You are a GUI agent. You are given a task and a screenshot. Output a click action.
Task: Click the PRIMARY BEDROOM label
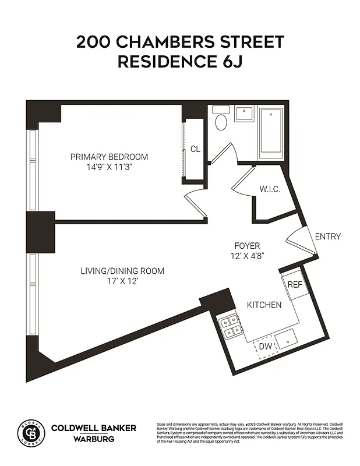109,157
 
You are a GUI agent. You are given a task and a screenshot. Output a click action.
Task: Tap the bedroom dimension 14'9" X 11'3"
109,167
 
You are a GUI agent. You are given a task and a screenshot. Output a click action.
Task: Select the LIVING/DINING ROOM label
122,271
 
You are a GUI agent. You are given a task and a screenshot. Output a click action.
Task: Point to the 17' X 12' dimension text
122,281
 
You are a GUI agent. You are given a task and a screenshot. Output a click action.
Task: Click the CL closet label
195,149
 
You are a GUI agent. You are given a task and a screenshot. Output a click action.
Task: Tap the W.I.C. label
270,189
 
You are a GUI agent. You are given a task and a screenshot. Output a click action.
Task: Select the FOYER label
247,246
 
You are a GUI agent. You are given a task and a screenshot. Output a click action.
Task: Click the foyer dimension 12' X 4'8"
247,256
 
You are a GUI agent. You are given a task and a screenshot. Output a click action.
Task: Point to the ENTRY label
327,236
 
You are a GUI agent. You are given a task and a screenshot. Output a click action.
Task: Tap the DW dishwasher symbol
266,347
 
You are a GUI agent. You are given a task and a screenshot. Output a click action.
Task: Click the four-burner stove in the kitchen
230,326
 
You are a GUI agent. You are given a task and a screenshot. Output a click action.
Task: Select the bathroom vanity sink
245,112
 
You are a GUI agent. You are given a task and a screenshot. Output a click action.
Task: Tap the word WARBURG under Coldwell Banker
94,438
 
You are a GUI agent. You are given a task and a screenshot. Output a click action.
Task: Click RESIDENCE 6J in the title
180,62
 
